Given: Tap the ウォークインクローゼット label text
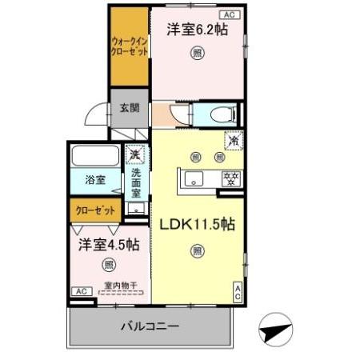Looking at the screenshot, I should (129, 44).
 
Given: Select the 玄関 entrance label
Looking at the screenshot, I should (130, 108).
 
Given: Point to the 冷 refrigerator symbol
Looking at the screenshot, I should (233, 138).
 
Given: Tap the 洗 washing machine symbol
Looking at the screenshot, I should (135, 153).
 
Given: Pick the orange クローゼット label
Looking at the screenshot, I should (95, 211).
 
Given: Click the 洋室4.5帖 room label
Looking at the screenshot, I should (109, 243).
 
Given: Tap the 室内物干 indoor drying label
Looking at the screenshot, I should (120, 284).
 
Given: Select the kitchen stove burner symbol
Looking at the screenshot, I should (230, 178).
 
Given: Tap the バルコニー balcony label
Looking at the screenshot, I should (150, 326).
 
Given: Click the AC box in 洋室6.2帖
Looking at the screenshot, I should (227, 14).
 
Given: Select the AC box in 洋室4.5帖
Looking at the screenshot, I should (82, 291).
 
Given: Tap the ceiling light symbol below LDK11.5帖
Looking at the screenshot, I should (197, 251).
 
